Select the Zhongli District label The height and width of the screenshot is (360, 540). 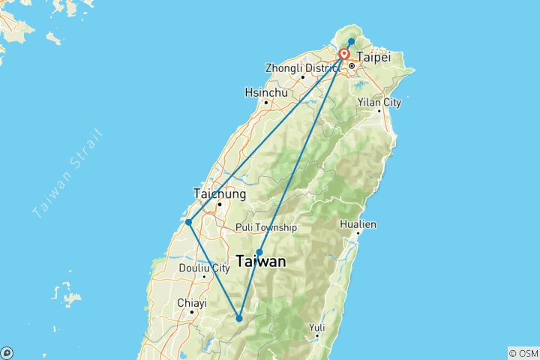click(x=298, y=68)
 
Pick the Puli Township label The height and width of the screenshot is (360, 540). click(x=265, y=227)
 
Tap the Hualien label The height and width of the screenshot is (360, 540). click(x=358, y=224)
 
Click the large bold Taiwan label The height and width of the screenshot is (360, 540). click(x=260, y=262)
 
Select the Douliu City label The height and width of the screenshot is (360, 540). click(x=204, y=268)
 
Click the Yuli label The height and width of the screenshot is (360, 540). click(x=318, y=327)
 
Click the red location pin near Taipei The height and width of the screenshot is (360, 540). click(x=344, y=55)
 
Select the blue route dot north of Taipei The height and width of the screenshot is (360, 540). click(x=352, y=41)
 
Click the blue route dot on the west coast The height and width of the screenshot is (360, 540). click(x=189, y=222)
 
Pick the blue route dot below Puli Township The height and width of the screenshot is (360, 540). click(x=259, y=252)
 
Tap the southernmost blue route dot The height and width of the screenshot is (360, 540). click(x=239, y=319)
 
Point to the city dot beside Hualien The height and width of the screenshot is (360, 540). click(x=358, y=233)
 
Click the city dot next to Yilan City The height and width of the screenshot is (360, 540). click(x=379, y=111)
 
